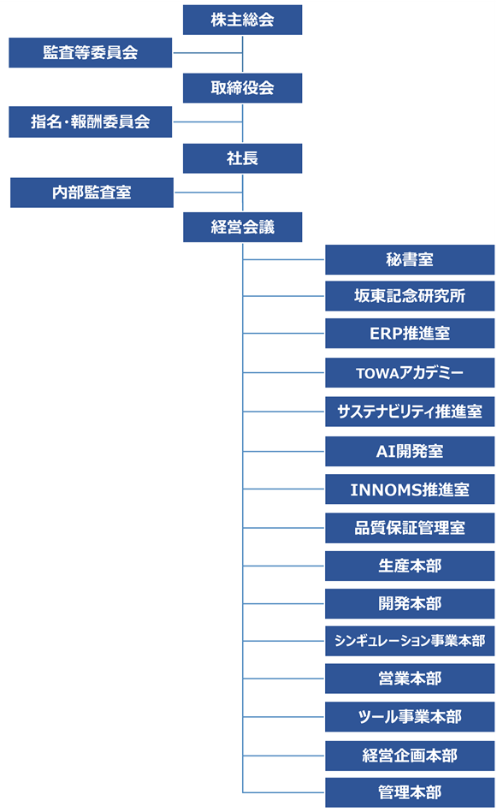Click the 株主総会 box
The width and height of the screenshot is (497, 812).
(x=242, y=20)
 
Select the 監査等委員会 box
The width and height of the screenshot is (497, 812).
(x=90, y=53)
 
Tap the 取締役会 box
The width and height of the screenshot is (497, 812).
(x=242, y=87)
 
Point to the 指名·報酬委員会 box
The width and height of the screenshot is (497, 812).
(x=90, y=122)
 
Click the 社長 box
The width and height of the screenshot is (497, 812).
(x=242, y=158)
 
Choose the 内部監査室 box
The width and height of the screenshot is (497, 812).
(x=92, y=193)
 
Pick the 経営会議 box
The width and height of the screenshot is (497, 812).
(x=242, y=227)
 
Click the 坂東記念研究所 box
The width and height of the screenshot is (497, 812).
(x=410, y=296)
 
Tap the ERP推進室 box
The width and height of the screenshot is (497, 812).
(x=410, y=334)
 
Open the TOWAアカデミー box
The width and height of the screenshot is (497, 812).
(x=410, y=373)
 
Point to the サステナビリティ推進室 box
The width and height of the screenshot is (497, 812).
(x=410, y=412)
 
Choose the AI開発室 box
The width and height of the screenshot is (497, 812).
(x=410, y=451)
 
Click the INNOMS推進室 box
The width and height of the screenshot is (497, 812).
(x=410, y=490)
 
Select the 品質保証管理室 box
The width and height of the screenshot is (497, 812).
(x=410, y=528)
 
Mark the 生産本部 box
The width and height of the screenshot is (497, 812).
(x=410, y=566)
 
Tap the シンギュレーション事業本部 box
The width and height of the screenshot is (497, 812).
(x=410, y=641)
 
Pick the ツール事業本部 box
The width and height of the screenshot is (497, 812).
(x=410, y=716)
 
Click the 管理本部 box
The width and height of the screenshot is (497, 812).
(x=410, y=792)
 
